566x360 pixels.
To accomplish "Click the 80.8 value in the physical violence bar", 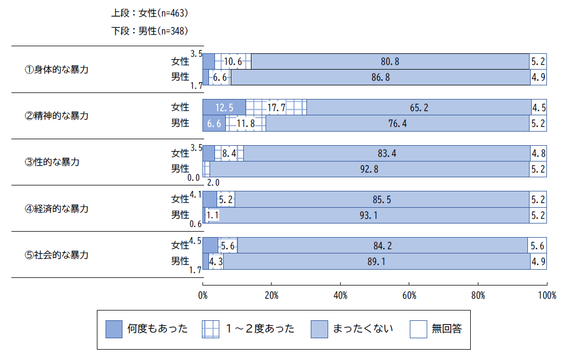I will (x=390, y=62).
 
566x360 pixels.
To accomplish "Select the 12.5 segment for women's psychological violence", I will (x=224, y=108).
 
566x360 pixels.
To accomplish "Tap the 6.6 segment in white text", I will (x=214, y=123).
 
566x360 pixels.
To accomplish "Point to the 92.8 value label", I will (x=370, y=169).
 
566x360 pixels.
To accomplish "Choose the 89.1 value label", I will (x=377, y=262).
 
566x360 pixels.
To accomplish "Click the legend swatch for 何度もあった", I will (x=114, y=329).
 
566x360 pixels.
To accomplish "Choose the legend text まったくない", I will (x=362, y=329).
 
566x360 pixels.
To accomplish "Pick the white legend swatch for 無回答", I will (x=418, y=329).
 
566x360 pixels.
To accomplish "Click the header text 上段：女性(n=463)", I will (x=150, y=13).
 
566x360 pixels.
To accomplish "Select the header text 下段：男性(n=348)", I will (x=150, y=31).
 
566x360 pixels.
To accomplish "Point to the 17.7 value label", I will (x=276, y=108).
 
